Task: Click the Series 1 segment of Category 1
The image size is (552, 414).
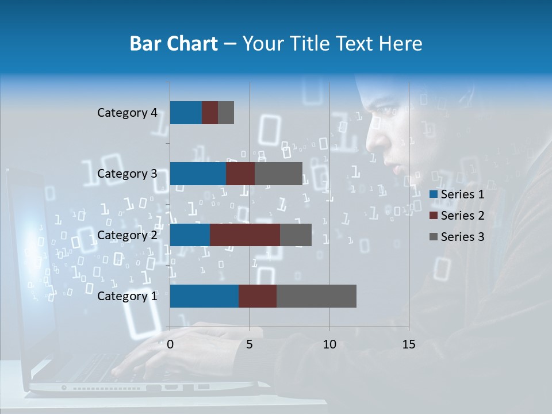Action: [204, 296]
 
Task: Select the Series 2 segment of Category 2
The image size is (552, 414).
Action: [245, 235]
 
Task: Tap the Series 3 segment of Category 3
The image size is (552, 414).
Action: [278, 174]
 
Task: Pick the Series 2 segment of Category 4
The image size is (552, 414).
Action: [210, 113]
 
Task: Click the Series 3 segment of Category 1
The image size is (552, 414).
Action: [316, 296]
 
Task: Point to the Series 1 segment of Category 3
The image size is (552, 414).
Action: [198, 174]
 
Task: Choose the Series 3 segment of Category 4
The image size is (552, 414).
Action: [226, 113]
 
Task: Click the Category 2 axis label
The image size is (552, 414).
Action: [127, 235]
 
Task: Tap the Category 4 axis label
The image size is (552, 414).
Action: [127, 113]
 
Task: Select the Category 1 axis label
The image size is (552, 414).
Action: [127, 296]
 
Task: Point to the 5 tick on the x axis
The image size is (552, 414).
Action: [250, 344]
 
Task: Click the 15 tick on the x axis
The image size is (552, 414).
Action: [409, 344]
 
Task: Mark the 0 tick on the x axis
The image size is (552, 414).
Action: [170, 344]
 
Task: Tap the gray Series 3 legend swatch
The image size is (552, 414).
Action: [433, 237]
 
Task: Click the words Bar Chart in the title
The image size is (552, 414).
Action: [174, 44]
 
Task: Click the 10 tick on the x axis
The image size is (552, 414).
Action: [329, 344]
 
